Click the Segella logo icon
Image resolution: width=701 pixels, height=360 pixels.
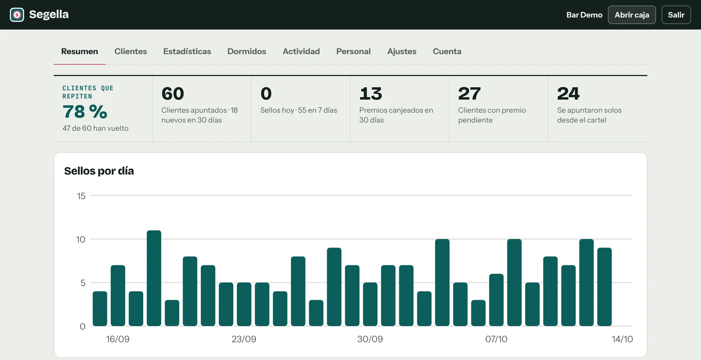point(17,15)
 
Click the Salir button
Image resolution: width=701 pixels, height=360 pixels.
point(676,15)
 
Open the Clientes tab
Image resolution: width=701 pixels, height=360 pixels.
point(131,51)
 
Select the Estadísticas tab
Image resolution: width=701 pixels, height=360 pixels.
point(187,51)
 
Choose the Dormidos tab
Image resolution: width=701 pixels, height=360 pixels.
point(247,51)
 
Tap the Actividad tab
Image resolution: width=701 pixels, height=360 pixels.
point(301,51)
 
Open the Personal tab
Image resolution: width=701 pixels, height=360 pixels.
point(353,51)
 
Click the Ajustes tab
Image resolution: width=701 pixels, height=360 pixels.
point(402,51)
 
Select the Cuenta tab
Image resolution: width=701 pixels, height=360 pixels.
point(447,51)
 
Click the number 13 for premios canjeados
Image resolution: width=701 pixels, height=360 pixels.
point(371,94)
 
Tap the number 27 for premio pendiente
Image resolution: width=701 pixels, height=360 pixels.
point(469,94)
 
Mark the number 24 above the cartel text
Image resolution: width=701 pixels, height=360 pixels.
point(568,94)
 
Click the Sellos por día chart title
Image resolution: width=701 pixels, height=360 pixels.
point(99,171)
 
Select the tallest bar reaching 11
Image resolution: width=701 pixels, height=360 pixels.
point(154,278)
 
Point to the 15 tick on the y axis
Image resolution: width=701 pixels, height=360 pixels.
point(81,196)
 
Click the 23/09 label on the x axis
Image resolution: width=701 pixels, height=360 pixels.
point(244,339)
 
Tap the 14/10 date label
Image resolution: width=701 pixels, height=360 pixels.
point(622,339)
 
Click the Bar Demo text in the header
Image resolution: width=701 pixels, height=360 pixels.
point(584,15)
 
